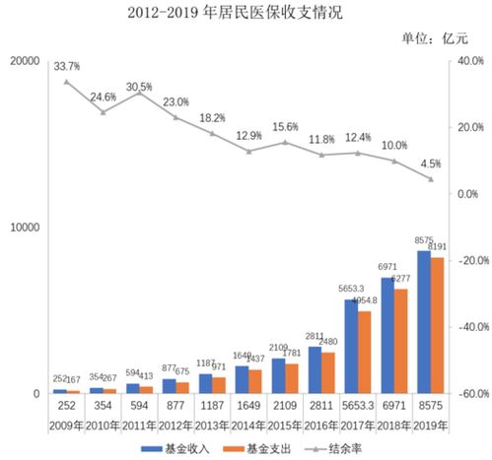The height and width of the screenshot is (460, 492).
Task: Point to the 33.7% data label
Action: click(x=67, y=66)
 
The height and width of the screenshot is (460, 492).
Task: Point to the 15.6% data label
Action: click(x=285, y=127)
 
